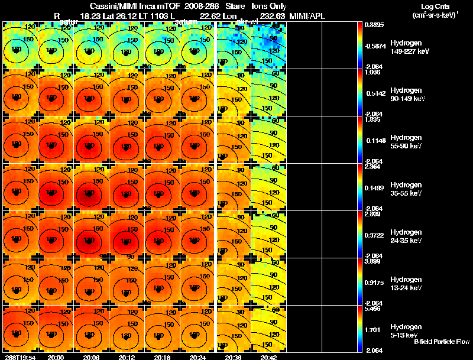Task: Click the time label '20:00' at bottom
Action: pos(56,356)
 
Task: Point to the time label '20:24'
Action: pos(197,356)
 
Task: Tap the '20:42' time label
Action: pos(269,356)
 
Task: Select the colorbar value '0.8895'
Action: pos(372,25)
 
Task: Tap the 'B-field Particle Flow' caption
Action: pos(442,341)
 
